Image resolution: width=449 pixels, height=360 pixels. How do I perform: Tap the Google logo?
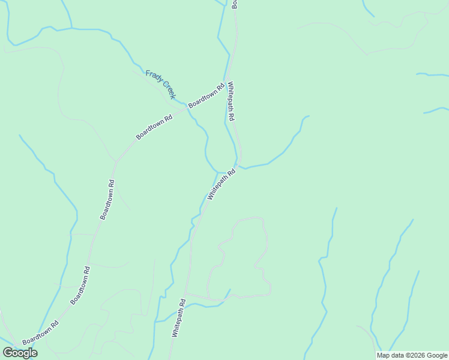point(20,353)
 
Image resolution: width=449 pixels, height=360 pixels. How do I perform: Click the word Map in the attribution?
point(383,355)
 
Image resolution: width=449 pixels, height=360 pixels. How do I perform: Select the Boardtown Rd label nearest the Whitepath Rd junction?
point(206,95)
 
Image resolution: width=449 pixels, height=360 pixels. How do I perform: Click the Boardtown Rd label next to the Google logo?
point(41,333)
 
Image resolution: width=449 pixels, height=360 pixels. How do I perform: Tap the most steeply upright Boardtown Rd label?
point(107,199)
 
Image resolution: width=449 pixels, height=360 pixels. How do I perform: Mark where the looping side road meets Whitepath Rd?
point(185,294)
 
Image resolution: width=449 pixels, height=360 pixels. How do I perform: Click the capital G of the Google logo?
point(8,353)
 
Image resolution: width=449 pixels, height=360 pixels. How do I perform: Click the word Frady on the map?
point(153,77)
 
